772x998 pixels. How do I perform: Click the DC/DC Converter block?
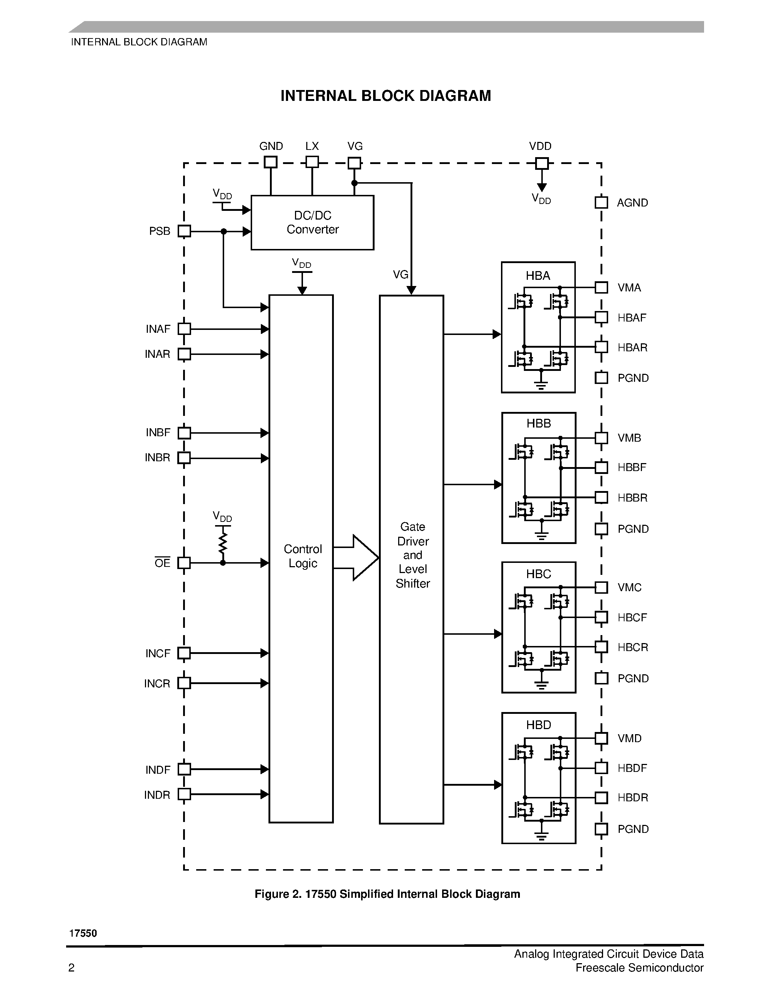point(312,222)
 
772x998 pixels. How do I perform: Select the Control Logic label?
point(302,556)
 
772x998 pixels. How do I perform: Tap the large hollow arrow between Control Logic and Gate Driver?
point(357,557)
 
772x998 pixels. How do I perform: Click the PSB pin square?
point(184,231)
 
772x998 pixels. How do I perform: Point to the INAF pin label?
point(158,329)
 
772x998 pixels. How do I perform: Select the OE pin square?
point(184,563)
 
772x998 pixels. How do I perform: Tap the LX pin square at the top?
point(312,162)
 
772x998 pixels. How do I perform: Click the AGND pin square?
point(601,203)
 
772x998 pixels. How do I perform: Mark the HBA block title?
point(538,275)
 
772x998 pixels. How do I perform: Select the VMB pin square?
point(601,438)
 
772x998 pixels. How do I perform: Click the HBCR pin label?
point(632,647)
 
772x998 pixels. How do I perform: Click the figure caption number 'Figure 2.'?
point(278,894)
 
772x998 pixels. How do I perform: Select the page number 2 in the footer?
point(71,968)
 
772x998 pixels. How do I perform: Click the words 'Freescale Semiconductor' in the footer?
point(639,968)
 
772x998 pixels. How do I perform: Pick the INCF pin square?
point(184,653)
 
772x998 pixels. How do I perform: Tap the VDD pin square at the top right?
point(542,163)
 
